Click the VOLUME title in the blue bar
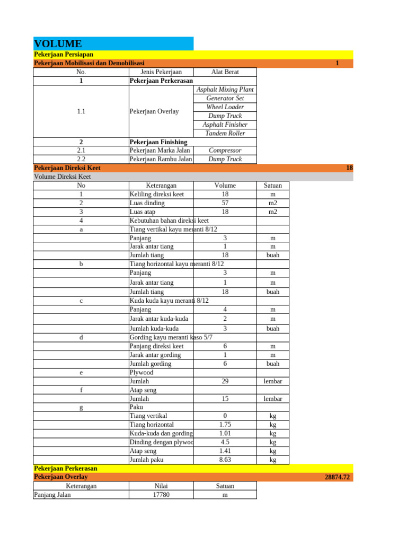(x=58, y=43)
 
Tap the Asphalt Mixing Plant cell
(x=225, y=90)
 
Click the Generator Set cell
(x=225, y=98)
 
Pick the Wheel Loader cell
(x=225, y=107)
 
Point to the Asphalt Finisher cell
(x=225, y=125)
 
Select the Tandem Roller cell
(x=225, y=133)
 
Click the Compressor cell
(x=225, y=151)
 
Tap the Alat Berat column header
(x=225, y=72)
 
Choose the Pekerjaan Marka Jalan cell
(x=160, y=151)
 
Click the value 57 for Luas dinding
(x=225, y=203)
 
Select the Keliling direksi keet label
(x=157, y=194)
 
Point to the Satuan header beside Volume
(x=273, y=186)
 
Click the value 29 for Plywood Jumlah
(x=225, y=381)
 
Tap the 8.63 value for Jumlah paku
(x=225, y=460)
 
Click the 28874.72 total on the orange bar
(x=337, y=477)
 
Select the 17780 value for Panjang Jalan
(x=161, y=495)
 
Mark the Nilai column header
(x=161, y=486)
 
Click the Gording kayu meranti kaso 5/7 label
(x=171, y=337)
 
